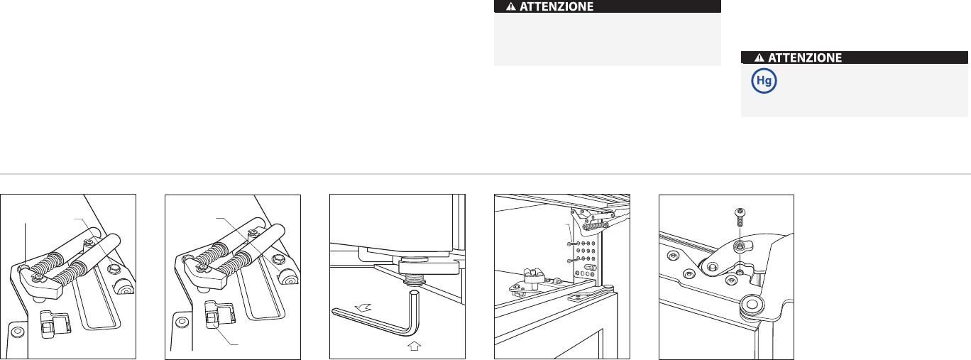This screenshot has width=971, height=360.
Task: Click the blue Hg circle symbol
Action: (x=764, y=81)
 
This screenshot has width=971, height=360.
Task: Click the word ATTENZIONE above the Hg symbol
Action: (x=804, y=58)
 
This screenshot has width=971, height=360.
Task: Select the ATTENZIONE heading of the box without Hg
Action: (x=556, y=6)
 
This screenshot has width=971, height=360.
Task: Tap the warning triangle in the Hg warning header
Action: (x=759, y=58)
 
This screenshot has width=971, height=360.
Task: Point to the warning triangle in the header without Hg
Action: (x=510, y=6)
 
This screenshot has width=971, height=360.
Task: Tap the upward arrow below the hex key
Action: (x=415, y=346)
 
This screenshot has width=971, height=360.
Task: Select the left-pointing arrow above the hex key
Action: (x=363, y=308)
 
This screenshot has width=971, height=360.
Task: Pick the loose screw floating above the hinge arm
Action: (x=740, y=217)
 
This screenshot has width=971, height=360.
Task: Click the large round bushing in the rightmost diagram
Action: (x=752, y=304)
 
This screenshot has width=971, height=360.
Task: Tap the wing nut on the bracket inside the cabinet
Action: (x=533, y=275)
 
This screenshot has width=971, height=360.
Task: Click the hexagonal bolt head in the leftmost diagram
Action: (x=113, y=269)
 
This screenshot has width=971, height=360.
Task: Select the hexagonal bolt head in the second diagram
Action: (x=278, y=261)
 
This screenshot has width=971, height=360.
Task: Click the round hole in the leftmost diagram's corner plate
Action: (x=18, y=332)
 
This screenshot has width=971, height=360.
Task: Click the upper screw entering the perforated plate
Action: (x=572, y=244)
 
